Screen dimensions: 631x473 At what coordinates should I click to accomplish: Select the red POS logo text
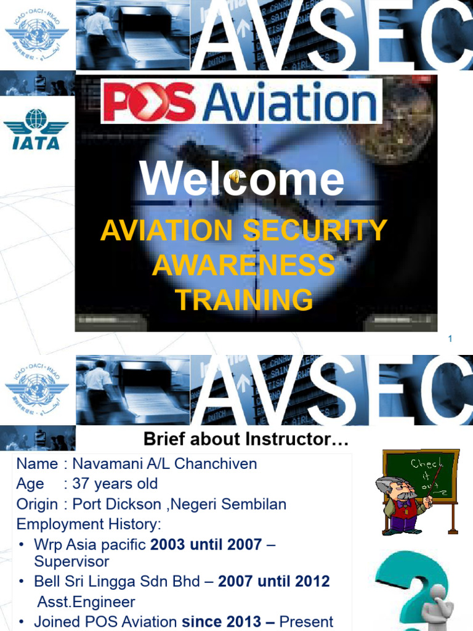(150, 104)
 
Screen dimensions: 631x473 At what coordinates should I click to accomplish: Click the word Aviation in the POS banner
(289, 103)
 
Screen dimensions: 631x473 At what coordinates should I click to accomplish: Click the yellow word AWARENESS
(244, 266)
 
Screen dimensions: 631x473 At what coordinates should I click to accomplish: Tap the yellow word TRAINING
(244, 300)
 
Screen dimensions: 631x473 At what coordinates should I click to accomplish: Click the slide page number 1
(450, 339)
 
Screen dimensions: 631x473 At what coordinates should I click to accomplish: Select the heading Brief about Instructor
(246, 440)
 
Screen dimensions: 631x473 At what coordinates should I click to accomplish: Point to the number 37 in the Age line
(81, 484)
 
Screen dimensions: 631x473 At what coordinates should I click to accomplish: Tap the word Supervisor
(71, 561)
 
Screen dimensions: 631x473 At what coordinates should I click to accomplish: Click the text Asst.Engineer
(86, 601)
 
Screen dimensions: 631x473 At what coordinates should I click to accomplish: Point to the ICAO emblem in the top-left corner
(36, 34)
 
